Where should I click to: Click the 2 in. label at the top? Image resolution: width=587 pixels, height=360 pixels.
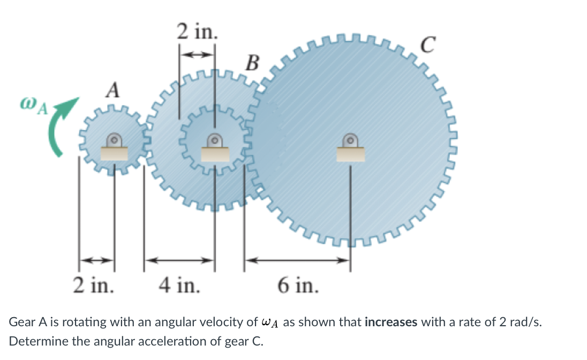pyautogui.click(x=197, y=32)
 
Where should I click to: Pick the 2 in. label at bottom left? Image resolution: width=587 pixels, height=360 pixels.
pyautogui.click(x=93, y=285)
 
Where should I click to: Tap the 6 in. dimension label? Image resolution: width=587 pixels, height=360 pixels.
pyautogui.click(x=298, y=285)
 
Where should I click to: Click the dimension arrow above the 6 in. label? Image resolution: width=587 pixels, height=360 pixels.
pyautogui.click(x=298, y=261)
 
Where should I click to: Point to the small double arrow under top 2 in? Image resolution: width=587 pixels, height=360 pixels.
pyautogui.click(x=197, y=54)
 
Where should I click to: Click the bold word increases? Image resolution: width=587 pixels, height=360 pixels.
pyautogui.click(x=391, y=322)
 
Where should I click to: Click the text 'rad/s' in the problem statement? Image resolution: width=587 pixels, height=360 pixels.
pyautogui.click(x=531, y=322)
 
